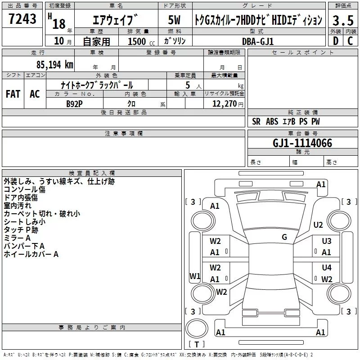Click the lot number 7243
pyautogui.click(x=22, y=20)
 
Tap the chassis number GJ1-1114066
pyautogui.click(x=302, y=144)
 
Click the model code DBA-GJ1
pyautogui.click(x=257, y=41)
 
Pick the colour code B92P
pyautogui.click(x=74, y=103)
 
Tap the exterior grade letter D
pyautogui.click(x=335, y=41)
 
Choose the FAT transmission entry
pyautogui.click(x=13, y=94)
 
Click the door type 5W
pyautogui.click(x=174, y=20)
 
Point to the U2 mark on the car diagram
pyautogui.click(x=318, y=225)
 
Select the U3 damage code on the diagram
pyautogui.click(x=326, y=241)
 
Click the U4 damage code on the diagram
pyautogui.click(x=326, y=268)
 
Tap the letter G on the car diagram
pyautogui.click(x=284, y=237)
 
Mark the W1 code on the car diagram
pyautogui.click(x=194, y=276)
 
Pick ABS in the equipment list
pyautogui.click(x=272, y=121)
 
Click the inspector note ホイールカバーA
pyautogui.click(x=31, y=254)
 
